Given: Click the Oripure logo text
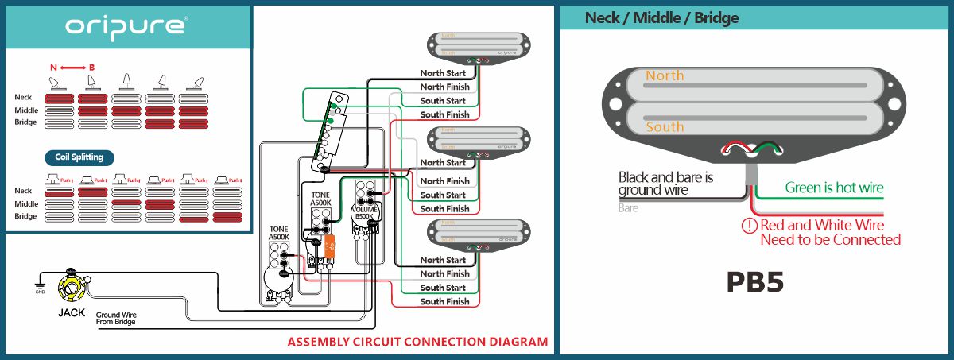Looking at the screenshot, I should [126, 27].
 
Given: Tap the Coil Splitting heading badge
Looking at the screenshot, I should [79, 157].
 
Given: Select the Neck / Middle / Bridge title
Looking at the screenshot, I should [661, 17].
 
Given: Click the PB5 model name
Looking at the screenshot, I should [754, 283].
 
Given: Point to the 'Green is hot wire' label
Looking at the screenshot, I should [834, 188].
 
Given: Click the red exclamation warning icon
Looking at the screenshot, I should [748, 225].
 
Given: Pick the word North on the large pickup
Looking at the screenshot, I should [665, 75].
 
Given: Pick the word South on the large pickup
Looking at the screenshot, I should [665, 126].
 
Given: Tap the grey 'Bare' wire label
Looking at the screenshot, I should [628, 208].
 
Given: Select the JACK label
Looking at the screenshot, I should [72, 312].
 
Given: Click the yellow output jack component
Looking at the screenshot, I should [71, 287].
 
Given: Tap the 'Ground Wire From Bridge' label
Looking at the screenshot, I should [116, 318].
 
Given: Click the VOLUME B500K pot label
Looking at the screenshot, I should [364, 212].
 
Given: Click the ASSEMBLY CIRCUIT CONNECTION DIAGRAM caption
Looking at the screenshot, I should [417, 343].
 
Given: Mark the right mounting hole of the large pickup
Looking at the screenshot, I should [894, 103].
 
